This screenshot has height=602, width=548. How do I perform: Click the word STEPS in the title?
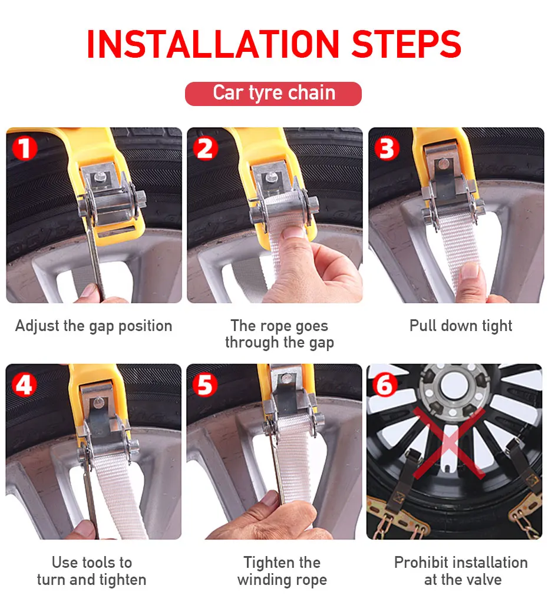tap(407, 44)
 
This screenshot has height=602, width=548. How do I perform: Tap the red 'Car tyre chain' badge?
tap(273, 94)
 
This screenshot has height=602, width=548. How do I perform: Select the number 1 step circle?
tap(25, 148)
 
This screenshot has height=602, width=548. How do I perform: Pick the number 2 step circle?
tap(206, 148)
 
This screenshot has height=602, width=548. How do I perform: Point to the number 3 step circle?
tap(387, 148)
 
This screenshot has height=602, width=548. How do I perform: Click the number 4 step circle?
tap(24, 385)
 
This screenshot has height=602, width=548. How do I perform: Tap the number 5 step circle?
tap(205, 385)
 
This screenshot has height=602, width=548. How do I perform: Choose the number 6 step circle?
tap(384, 385)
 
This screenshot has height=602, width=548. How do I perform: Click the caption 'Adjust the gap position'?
tap(94, 326)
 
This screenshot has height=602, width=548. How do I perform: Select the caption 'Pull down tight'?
tap(461, 326)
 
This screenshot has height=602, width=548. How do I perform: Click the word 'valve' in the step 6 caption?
tap(482, 580)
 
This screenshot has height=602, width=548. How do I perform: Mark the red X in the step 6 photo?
tap(449, 443)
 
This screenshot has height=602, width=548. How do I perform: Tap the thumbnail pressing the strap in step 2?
tap(293, 232)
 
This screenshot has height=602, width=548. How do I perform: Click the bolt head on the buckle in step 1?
tap(101, 177)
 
